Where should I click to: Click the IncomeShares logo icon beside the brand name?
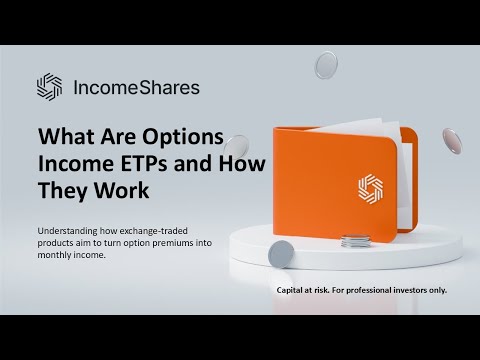pyautogui.click(x=49, y=87)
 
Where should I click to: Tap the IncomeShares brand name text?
pyautogui.click(x=136, y=87)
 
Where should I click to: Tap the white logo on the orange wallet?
pyautogui.click(x=371, y=188)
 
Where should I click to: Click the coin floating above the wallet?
pyautogui.click(x=327, y=66)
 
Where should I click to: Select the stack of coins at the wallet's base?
pyautogui.click(x=354, y=241)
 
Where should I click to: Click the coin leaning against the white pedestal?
pyautogui.click(x=281, y=252)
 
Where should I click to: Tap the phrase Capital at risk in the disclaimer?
pyautogui.click(x=309, y=290)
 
